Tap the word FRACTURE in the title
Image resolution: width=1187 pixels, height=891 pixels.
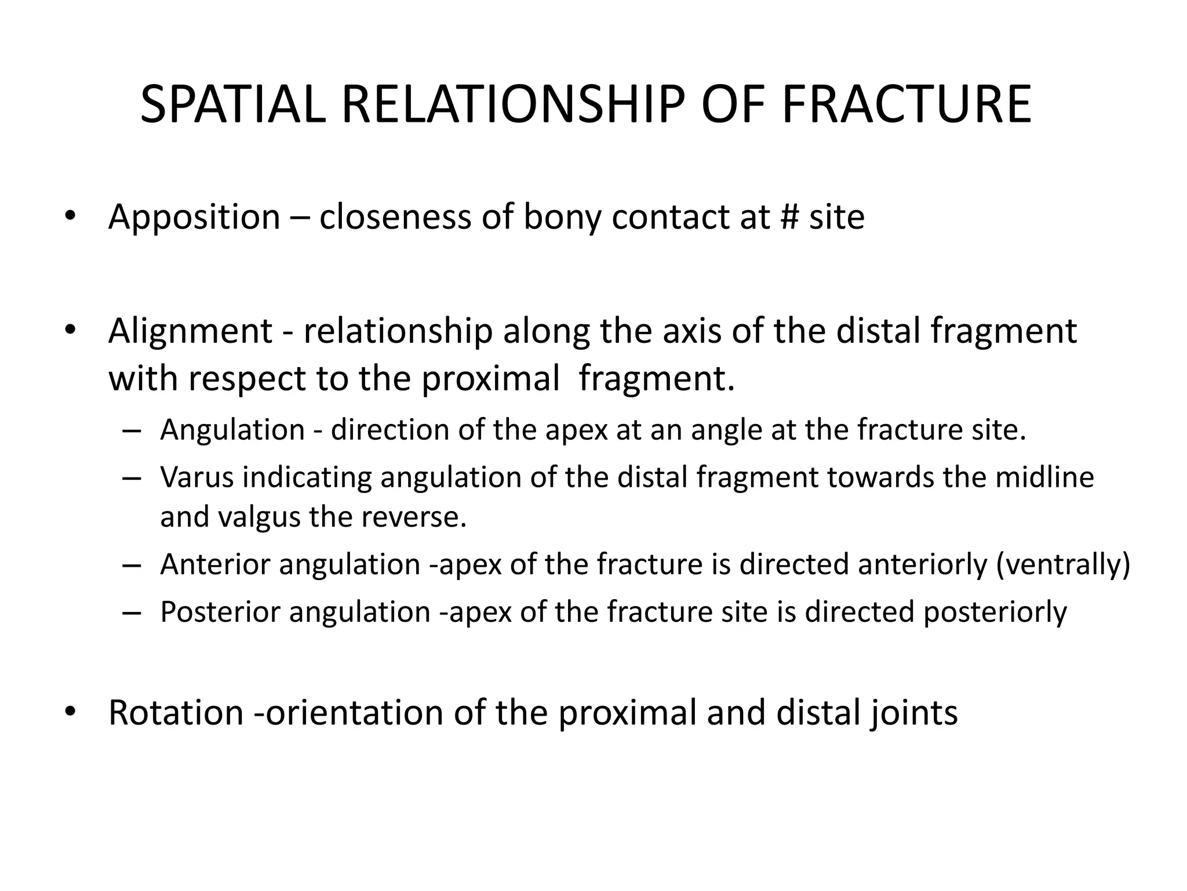click(x=906, y=105)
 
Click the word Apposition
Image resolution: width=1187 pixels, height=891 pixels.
click(x=194, y=218)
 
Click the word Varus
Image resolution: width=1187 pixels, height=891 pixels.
click(x=197, y=477)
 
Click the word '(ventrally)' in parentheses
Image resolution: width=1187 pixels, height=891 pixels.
click(x=1063, y=566)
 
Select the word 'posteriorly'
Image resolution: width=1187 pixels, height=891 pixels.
click(x=995, y=613)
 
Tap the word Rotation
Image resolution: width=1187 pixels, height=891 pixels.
click(x=176, y=713)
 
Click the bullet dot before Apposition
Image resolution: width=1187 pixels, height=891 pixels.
click(x=70, y=216)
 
